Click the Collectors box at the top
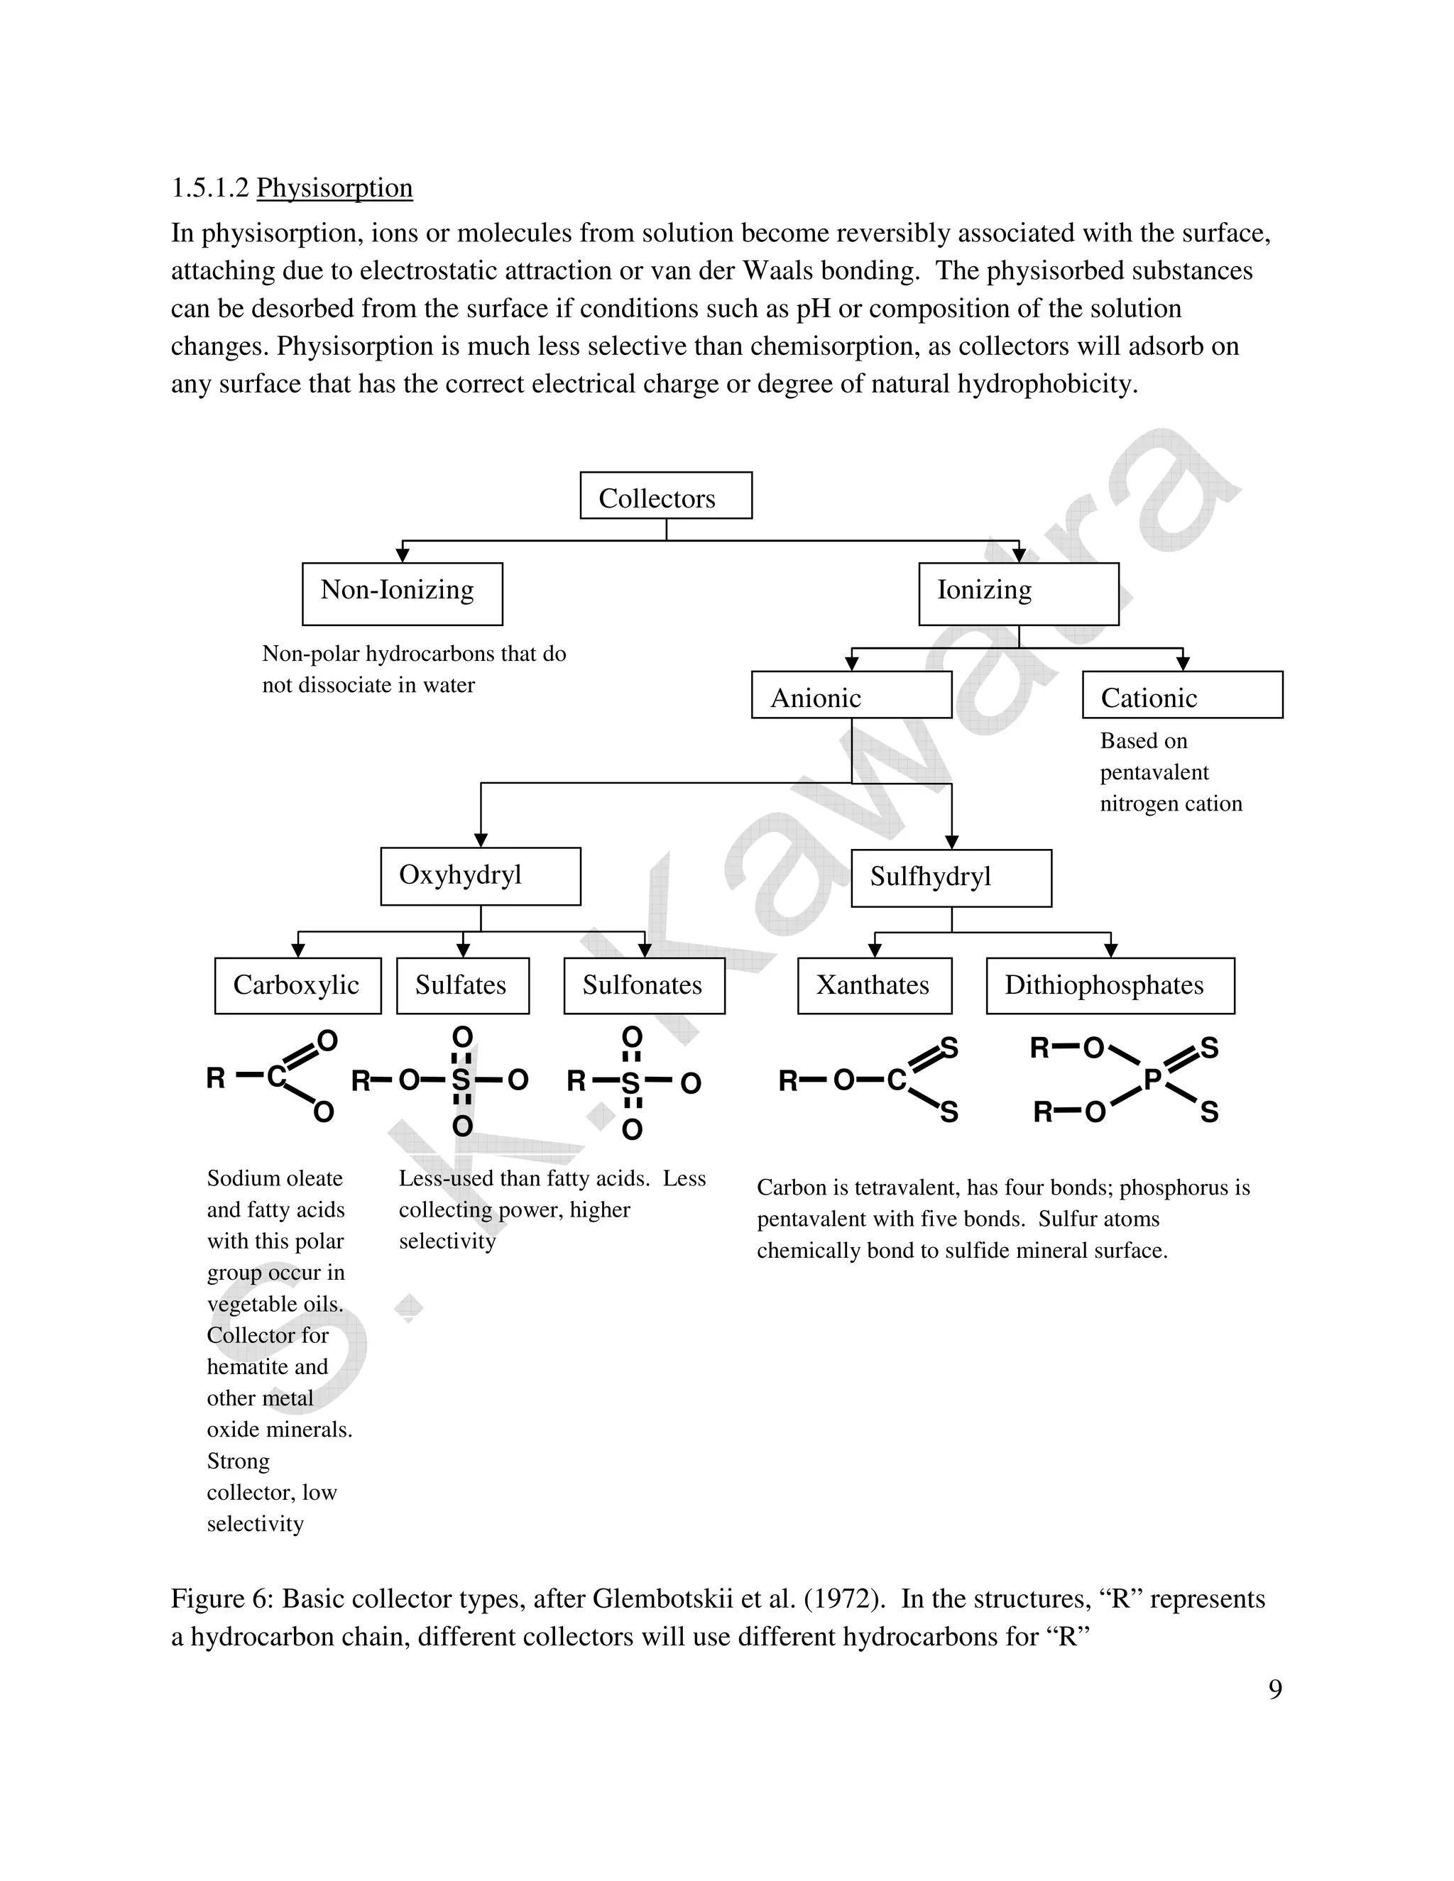[666, 495]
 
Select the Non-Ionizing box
[403, 593]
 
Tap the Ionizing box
[1018, 593]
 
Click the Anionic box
[851, 695]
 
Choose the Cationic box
[1182, 695]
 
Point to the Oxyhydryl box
[481, 876]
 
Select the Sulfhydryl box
[951, 877]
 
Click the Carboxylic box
[297, 985]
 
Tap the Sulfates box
[463, 985]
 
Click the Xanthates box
[874, 985]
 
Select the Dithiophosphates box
[1110, 985]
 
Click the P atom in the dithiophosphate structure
[1152, 1079]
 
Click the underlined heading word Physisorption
[334, 188]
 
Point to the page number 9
[1275, 1689]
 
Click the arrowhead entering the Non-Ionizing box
[403, 556]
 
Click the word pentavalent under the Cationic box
[1154, 772]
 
